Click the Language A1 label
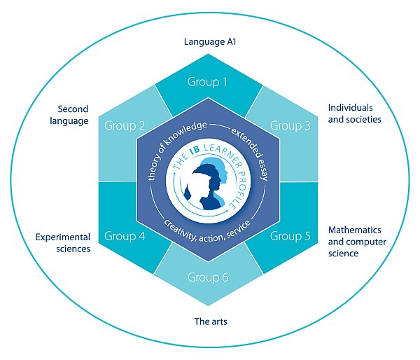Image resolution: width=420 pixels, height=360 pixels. [x=210, y=42]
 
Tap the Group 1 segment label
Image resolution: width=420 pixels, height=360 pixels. [x=207, y=82]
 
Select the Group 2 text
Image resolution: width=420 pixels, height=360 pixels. [x=125, y=125]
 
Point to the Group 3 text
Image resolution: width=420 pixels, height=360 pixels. [x=290, y=125]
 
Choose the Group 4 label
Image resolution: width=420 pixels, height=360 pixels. [x=125, y=236]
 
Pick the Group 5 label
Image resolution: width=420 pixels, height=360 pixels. [x=290, y=236]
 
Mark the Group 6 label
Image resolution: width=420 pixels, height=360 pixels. [x=208, y=277]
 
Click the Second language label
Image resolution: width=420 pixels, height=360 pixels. [x=69, y=115]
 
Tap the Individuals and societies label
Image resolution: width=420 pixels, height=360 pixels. [x=355, y=113]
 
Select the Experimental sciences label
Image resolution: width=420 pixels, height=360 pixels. [x=63, y=243]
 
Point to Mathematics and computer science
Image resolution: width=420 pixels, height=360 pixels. [x=357, y=242]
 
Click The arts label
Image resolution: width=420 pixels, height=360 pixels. [x=211, y=321]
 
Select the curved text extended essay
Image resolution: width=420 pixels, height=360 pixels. [x=252, y=152]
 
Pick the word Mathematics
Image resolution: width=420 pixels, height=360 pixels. [x=355, y=230]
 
